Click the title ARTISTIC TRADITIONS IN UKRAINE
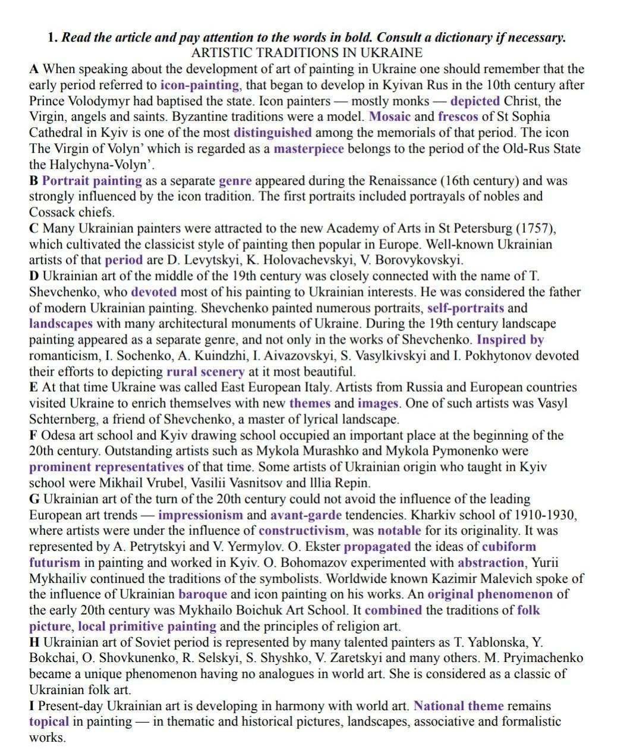click(307, 53)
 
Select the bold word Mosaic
click(389, 116)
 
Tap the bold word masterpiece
click(308, 149)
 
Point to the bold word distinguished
click(272, 133)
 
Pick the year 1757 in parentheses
click(534, 228)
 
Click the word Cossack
click(52, 212)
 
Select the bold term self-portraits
click(465, 308)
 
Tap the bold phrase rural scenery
click(205, 372)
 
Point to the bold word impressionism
click(200, 515)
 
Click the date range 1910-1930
click(546, 515)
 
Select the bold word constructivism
click(301, 531)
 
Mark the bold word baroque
click(202, 594)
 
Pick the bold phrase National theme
click(458, 706)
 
